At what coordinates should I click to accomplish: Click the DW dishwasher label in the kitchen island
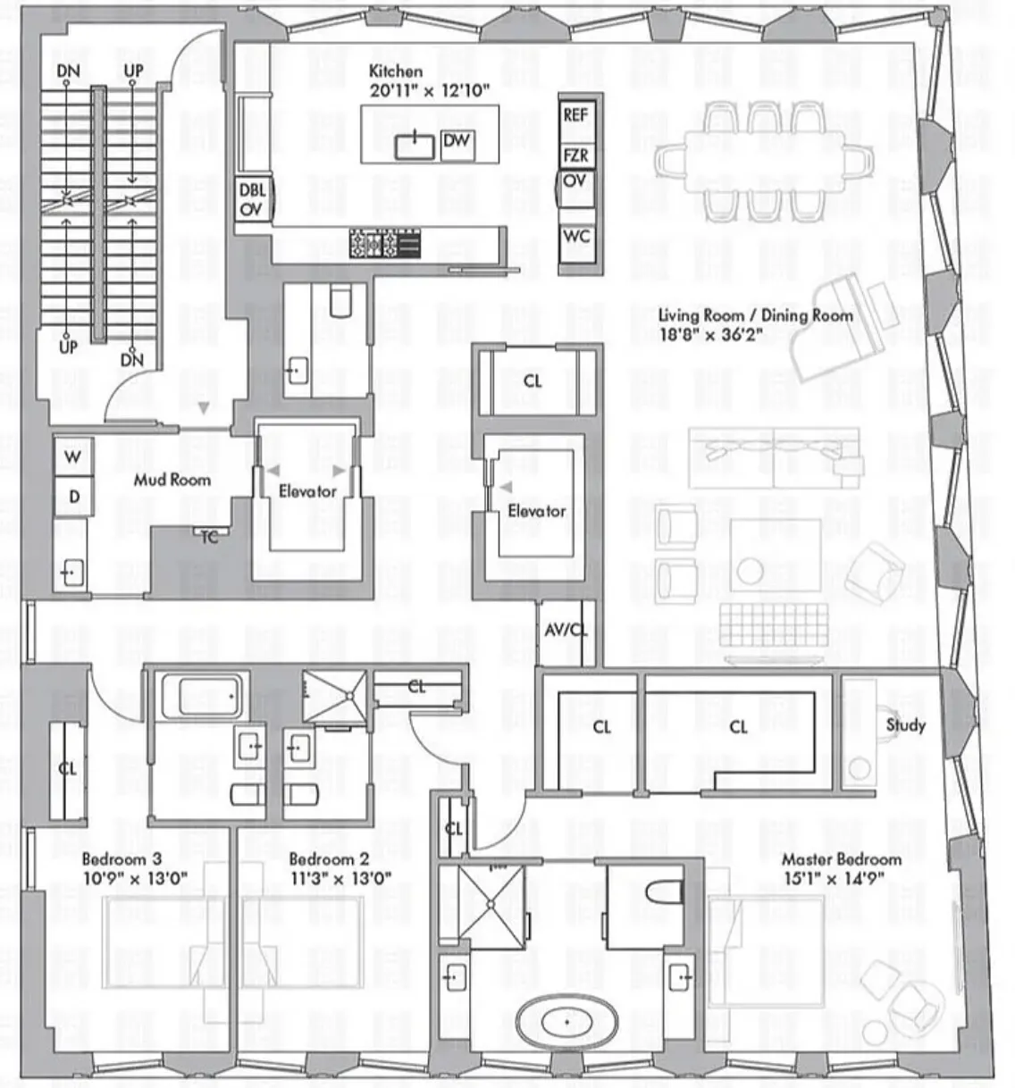(457, 141)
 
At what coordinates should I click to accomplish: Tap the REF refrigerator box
(575, 115)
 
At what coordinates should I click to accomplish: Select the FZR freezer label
(575, 155)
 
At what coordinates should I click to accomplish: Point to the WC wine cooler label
(576, 237)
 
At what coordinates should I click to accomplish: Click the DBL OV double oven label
(252, 199)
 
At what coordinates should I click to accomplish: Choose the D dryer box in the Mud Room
(73, 497)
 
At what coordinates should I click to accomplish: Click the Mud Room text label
(172, 480)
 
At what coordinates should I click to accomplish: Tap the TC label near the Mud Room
(208, 536)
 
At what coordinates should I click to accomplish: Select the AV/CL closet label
(566, 631)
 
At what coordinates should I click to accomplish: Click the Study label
(905, 724)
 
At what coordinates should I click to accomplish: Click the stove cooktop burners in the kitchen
(374, 244)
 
